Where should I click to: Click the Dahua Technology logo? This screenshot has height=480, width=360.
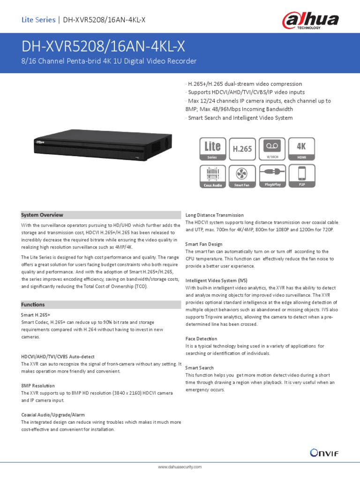(x=310, y=21)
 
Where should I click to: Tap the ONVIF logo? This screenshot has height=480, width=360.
(x=324, y=452)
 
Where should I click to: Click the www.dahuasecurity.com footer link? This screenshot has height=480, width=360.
(x=180, y=467)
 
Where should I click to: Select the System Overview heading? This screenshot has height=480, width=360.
(x=42, y=215)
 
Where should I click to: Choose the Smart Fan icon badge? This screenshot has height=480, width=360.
(x=242, y=176)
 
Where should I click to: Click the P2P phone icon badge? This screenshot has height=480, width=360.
(x=301, y=176)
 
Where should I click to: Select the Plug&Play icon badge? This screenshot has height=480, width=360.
(x=272, y=176)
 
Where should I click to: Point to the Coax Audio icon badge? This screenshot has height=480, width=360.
(x=212, y=176)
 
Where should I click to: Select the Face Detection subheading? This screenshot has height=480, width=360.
(x=201, y=338)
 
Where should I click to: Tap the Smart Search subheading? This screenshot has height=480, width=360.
(x=199, y=368)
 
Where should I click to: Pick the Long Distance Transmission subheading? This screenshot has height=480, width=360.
(x=214, y=215)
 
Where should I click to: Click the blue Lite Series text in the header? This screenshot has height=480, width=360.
(x=38, y=20)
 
